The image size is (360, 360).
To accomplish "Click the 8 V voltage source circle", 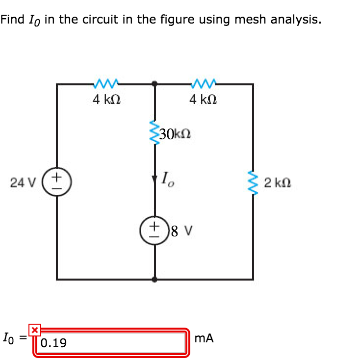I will click(x=155, y=231).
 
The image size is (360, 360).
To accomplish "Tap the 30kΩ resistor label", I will click(x=175, y=133).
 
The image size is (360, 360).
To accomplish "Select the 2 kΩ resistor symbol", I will click(x=253, y=182).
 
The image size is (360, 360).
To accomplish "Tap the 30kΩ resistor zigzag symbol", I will click(x=155, y=132).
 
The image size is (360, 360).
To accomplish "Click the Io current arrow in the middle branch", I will click(x=155, y=179).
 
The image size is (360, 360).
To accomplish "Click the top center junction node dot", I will click(x=155, y=84).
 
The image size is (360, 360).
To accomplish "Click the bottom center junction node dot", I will click(x=155, y=279).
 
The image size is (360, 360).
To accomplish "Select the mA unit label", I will click(x=204, y=338).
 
